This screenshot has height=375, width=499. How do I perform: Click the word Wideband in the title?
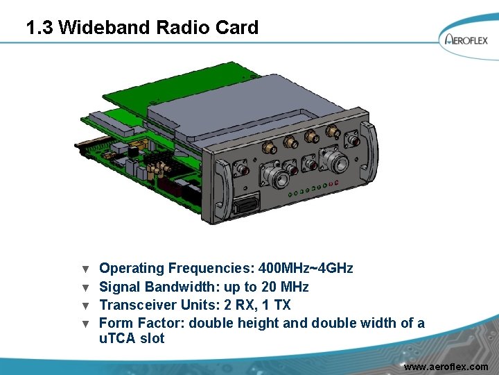(105, 28)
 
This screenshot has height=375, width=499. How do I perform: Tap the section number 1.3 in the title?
(40, 28)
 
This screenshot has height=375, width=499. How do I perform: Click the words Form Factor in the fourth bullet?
(141, 323)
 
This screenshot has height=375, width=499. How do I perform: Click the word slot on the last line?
(152, 339)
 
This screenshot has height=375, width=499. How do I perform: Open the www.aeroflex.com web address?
(446, 366)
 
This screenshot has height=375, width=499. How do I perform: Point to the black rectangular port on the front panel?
(247, 207)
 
